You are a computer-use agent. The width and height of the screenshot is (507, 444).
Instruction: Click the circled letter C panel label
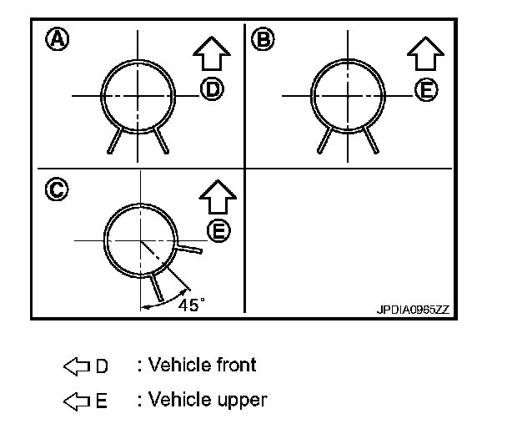coord(56,190)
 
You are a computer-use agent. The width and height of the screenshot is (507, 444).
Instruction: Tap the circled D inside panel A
coord(212,90)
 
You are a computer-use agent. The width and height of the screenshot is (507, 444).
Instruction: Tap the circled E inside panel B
coord(427,90)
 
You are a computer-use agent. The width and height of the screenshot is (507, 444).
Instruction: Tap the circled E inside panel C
coord(218,231)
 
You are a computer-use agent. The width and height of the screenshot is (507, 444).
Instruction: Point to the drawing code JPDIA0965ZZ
coord(412,308)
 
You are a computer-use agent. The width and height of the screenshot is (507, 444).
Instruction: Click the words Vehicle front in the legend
coord(202,365)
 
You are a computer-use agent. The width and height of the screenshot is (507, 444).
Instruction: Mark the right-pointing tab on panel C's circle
coord(188,248)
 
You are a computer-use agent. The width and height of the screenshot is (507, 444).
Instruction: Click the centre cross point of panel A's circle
coord(139,95)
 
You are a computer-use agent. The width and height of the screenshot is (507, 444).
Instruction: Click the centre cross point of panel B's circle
coord(349,95)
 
